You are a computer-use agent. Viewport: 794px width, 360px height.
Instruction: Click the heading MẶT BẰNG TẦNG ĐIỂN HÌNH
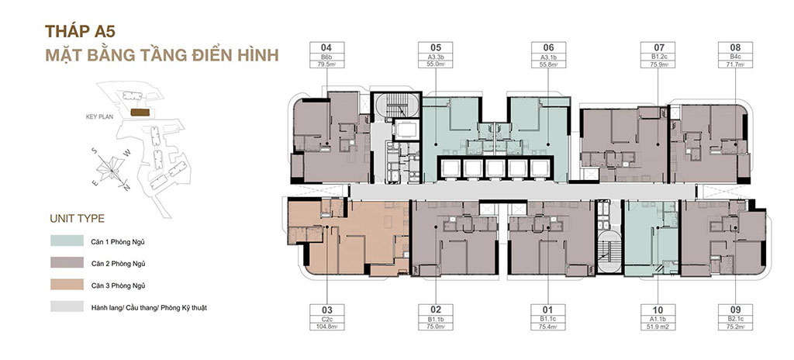152,57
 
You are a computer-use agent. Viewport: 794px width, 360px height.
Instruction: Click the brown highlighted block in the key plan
140,112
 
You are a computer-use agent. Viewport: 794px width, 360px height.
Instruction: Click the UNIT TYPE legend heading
77,218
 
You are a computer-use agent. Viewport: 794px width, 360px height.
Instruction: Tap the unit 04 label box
326,55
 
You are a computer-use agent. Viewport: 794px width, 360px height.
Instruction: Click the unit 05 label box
436,55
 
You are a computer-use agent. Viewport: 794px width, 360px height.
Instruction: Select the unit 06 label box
548,55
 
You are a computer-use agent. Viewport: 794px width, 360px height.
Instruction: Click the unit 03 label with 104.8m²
326,318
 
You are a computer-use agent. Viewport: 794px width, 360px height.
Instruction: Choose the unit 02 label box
436,318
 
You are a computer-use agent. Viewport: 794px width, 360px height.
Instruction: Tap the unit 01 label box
548,318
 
